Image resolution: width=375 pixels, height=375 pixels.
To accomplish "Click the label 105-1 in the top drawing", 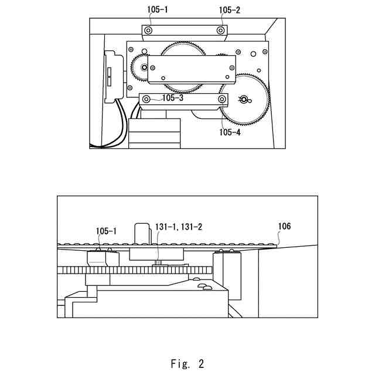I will (157, 10).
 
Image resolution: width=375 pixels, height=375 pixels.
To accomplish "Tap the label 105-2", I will (229, 10).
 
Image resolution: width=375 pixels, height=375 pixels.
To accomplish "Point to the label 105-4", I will (230, 132).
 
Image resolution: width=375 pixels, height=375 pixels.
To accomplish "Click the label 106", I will (284, 226).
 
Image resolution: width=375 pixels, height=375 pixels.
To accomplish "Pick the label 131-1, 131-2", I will (179, 226).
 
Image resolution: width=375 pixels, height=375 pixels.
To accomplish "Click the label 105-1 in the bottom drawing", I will (106, 231).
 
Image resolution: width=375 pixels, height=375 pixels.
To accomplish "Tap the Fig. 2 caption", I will (187, 363).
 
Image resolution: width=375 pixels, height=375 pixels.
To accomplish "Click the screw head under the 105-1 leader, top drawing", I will (148, 30).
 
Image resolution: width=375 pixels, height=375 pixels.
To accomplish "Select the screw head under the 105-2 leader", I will (220, 30).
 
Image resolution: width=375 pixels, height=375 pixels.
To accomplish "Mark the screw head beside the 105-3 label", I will (146, 99).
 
